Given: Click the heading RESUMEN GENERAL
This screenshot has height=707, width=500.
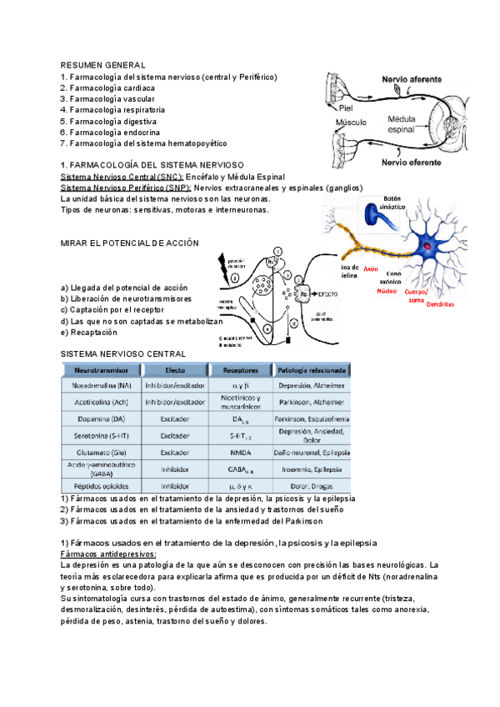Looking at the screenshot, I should point(103,65).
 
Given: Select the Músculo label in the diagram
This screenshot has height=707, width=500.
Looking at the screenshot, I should point(351,123).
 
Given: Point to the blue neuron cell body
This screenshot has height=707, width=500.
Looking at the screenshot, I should point(428,244).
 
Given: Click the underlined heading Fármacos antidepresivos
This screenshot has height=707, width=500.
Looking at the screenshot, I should point(108,554).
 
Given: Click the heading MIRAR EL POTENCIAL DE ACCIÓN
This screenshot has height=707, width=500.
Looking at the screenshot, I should point(131,243).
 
